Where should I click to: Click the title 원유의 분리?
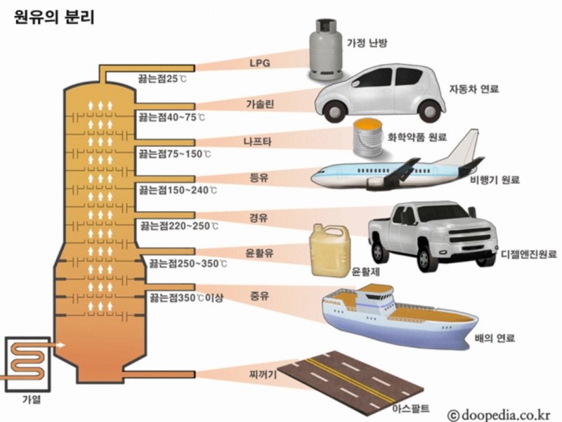point(54,17)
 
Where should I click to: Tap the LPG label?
point(260,63)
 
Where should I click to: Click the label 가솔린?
point(260,104)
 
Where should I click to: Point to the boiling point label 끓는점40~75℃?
point(172,117)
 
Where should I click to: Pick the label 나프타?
point(258,141)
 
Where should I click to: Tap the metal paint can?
point(367,138)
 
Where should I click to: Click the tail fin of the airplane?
point(465,146)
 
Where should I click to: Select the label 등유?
point(259,178)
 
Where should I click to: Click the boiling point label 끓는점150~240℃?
point(178,190)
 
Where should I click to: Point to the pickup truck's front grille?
point(469,235)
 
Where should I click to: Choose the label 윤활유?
point(259,253)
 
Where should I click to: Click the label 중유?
point(259,296)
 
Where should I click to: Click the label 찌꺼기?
point(263,375)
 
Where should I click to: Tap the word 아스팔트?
point(411,408)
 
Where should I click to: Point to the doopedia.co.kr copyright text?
point(499,415)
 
